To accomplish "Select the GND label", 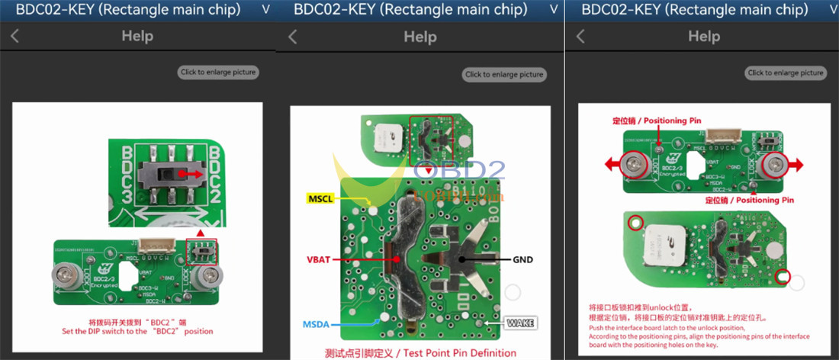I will click(522, 260).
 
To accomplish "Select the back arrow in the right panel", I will click(580, 36).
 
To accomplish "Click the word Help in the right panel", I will click(703, 36).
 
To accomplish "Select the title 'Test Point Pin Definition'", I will click(411, 353).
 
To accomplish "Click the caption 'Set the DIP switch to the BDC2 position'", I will click(138, 332).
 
